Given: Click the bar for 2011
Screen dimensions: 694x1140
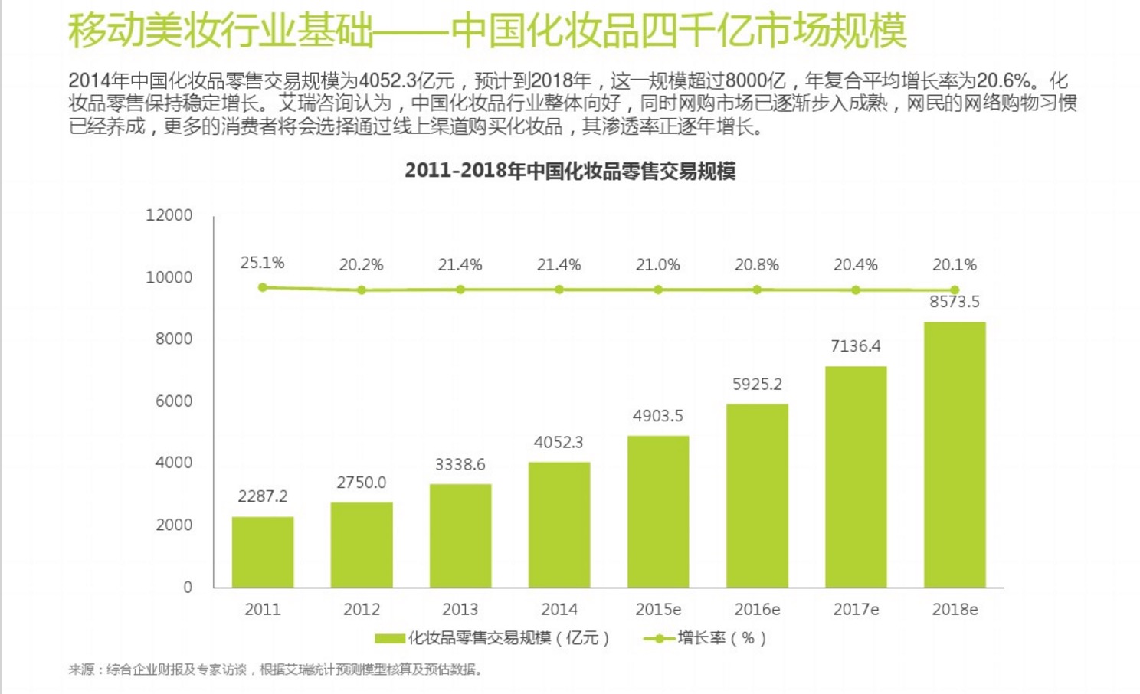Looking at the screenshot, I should click(263, 552).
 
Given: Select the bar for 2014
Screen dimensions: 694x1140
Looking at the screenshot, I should click(559, 525).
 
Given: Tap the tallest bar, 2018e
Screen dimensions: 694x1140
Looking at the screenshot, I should click(955, 454).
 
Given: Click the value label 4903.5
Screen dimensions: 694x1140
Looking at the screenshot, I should click(657, 416).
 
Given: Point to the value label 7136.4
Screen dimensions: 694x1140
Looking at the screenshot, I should click(855, 346).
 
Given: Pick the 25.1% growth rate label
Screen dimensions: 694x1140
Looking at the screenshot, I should click(262, 263).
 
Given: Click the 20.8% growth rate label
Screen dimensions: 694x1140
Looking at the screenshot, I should click(756, 265).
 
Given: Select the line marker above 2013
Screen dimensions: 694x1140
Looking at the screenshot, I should click(460, 290).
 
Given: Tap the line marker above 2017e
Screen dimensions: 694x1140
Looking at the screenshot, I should click(856, 290).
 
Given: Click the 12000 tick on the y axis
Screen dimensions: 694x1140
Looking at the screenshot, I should click(169, 215).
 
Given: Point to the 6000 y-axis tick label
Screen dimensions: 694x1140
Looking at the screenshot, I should click(174, 401).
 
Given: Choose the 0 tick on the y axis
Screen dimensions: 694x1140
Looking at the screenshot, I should click(188, 587).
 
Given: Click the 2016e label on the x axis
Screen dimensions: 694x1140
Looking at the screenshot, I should click(756, 610).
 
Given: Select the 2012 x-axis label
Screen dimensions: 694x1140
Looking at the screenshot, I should click(361, 610).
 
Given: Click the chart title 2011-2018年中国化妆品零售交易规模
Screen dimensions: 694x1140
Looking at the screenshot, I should click(570, 170).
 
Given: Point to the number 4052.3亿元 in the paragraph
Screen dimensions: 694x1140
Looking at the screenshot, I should click(407, 80).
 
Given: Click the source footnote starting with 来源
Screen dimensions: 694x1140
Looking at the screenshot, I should click(276, 669).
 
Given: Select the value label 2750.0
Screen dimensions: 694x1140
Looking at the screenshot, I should click(361, 483).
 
